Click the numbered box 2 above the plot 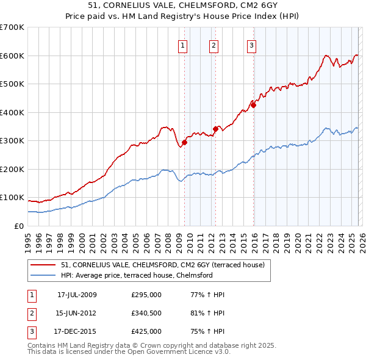click(x=214, y=44)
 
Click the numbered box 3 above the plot click(x=251, y=44)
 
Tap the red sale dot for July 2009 click(x=184, y=142)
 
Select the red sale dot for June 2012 click(x=215, y=129)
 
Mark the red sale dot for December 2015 click(x=253, y=105)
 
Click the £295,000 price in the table click(x=146, y=295)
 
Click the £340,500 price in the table click(x=146, y=313)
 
